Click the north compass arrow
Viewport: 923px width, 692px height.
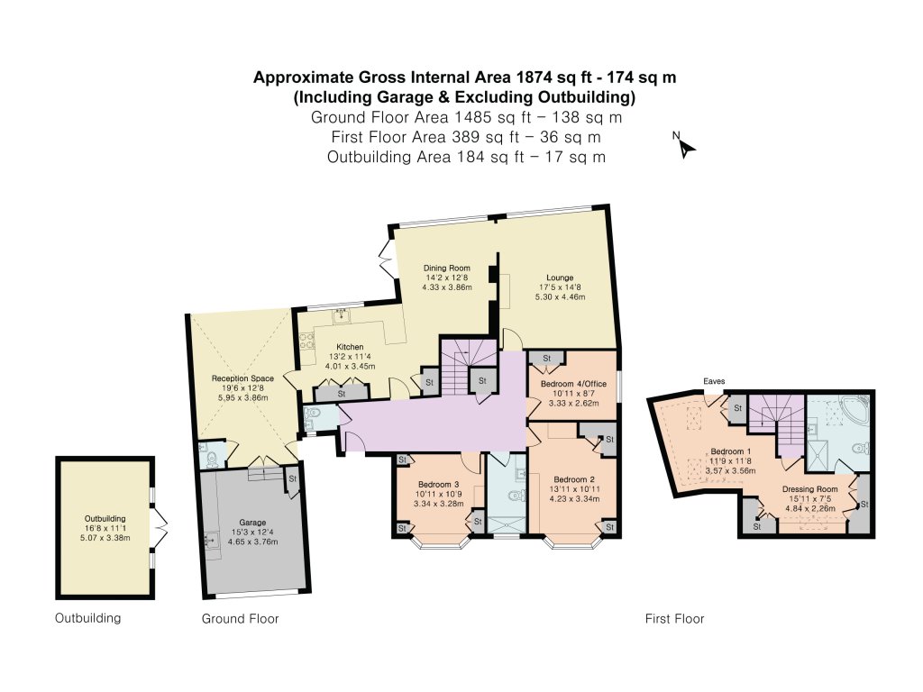pos(684,146)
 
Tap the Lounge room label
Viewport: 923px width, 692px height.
pos(559,278)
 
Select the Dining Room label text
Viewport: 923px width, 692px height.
pos(447,268)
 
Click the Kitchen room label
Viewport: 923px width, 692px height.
pos(350,347)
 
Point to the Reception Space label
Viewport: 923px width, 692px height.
pos(242,378)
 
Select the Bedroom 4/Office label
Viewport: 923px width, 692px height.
pos(573,385)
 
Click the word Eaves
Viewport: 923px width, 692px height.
pos(716,381)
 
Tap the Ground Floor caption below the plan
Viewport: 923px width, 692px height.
pos(240,619)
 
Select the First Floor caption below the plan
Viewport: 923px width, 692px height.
pos(674,619)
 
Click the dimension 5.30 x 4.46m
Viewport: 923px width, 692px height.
pos(559,296)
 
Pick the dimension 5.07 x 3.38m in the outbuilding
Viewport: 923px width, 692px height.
pos(105,538)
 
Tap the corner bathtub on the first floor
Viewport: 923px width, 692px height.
pos(854,411)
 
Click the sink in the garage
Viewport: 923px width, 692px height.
pos(211,541)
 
